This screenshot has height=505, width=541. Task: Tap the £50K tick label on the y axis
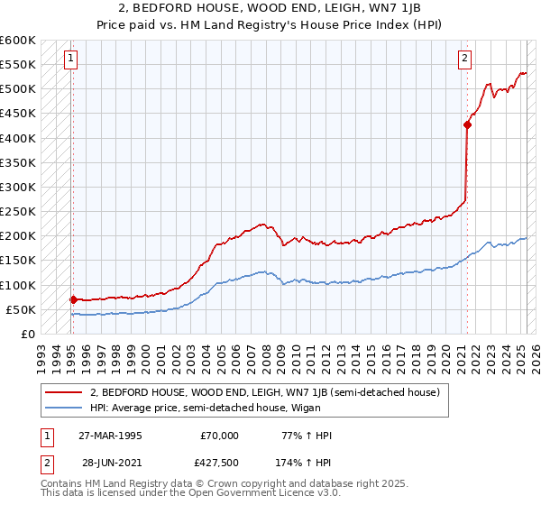20,309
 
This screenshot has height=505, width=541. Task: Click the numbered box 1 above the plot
70,60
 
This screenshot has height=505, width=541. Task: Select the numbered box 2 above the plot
465,60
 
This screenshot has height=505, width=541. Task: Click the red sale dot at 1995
72,298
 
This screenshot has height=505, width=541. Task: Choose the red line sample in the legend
65,392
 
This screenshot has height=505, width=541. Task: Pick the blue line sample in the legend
65,408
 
